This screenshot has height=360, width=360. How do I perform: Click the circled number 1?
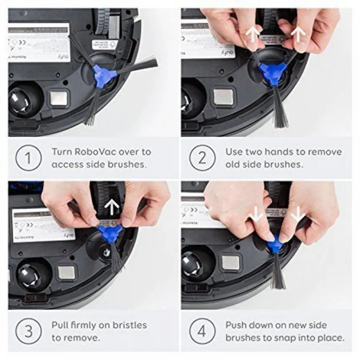28,158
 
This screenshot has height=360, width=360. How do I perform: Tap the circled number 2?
202,158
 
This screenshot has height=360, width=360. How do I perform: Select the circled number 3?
28,331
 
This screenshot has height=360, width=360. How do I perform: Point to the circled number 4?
202,331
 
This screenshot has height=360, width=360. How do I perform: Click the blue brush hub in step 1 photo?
103,76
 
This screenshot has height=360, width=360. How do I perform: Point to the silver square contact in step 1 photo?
59,98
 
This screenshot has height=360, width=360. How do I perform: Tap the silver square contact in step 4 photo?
231,263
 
